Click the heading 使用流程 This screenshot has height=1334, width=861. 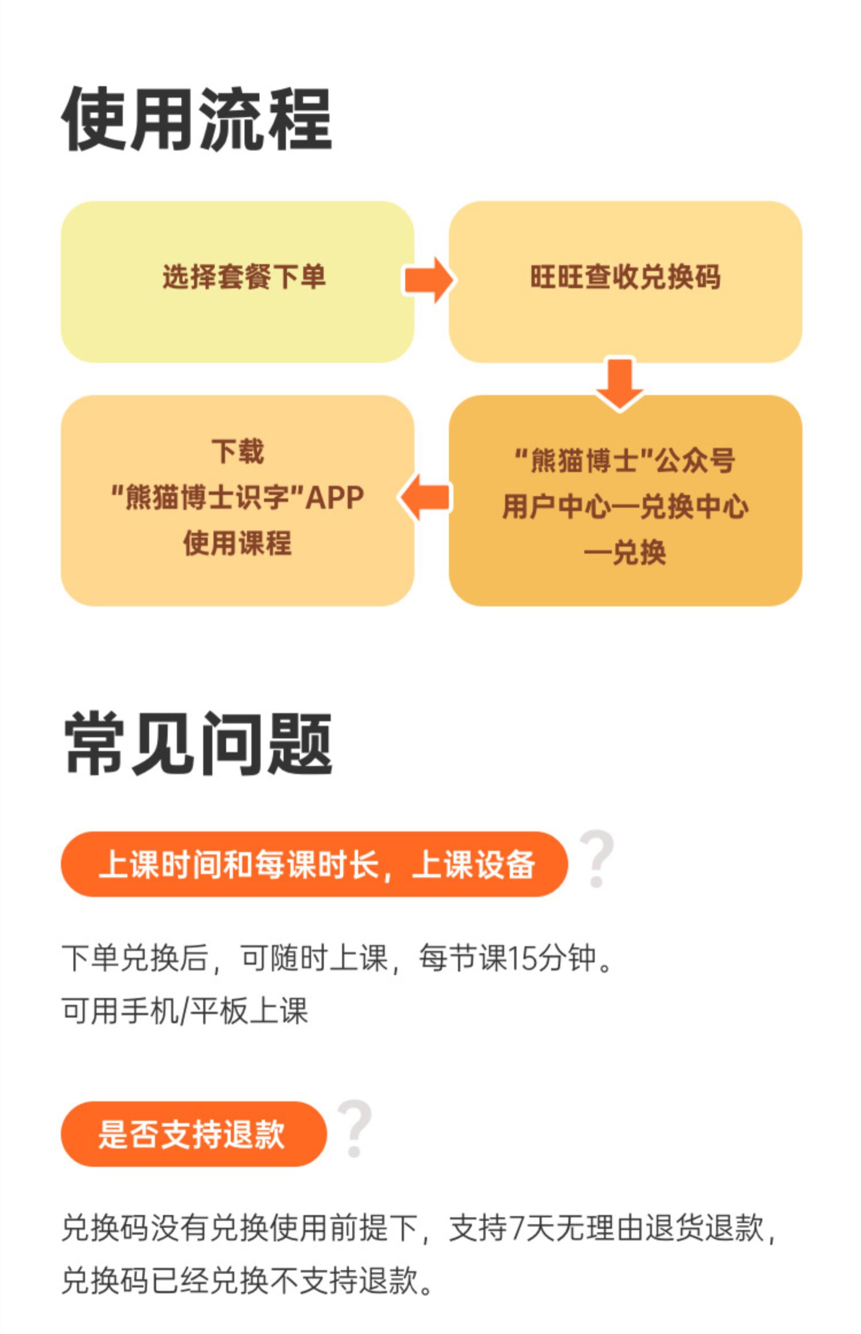tap(196, 119)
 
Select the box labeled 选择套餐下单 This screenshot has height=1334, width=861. tap(237, 282)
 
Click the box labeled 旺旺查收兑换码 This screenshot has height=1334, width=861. tap(625, 282)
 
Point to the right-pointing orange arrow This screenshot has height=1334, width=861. tap(429, 280)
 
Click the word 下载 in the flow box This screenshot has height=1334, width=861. tap(238, 451)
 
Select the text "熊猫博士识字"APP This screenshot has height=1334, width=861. tap(238, 498)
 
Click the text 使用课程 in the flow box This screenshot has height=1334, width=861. tap(238, 543)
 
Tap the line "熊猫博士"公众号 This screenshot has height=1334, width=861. tap(625, 460)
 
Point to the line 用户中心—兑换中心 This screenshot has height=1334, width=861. tap(625, 507)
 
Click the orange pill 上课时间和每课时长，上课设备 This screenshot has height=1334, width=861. tap(314, 864)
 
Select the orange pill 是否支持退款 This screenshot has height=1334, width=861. tap(193, 1134)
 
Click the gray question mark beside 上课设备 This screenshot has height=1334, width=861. tap(597, 858)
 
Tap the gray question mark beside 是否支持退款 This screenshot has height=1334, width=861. tap(355, 1128)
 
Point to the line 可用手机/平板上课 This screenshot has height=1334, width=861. tap(185, 1011)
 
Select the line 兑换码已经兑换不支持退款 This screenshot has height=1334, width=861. tap(247, 1281)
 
